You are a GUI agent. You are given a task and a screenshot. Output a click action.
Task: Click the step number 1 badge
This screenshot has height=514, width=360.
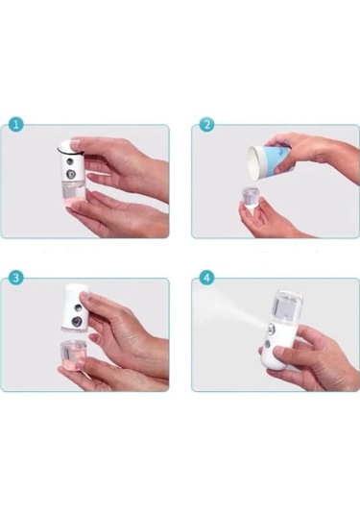[13, 125]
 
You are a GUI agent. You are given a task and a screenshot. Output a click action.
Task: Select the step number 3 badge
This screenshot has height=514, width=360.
[13, 278]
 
